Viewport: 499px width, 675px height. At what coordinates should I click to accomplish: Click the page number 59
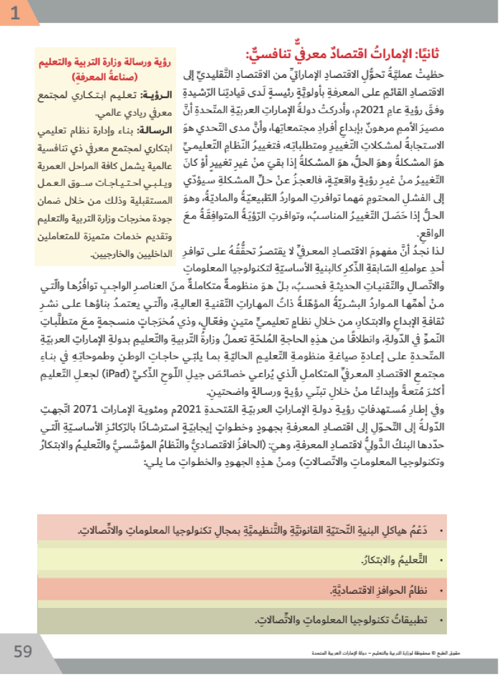click(x=23, y=651)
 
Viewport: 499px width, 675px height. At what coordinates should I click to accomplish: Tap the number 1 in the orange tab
click(x=15, y=13)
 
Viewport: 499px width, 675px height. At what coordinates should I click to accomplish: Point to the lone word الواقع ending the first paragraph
click(x=430, y=234)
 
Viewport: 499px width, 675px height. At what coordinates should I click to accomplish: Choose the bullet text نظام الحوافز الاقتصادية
click(x=378, y=591)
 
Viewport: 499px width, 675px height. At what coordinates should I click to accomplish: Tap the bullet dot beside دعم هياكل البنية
click(x=441, y=531)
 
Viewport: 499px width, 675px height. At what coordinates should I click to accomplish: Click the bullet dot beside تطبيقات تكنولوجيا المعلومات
click(x=441, y=620)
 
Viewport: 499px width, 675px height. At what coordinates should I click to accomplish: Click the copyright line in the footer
click(x=386, y=653)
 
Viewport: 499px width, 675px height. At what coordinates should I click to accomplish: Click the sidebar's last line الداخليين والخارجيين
click(x=131, y=254)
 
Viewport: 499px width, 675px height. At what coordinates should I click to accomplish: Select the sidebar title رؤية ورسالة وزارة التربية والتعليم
click(x=105, y=62)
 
